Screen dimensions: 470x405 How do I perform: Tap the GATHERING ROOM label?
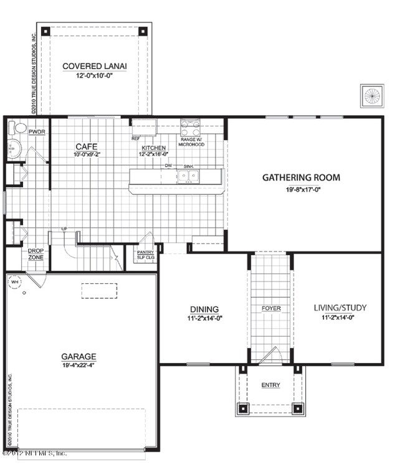pyautogui.click(x=301, y=177)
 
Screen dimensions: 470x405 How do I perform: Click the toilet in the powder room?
pyautogui.click(x=19, y=128)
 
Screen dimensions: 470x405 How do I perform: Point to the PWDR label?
pyautogui.click(x=37, y=132)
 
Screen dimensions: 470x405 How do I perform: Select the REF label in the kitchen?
pyautogui.click(x=135, y=138)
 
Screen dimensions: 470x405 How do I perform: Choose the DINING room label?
pyautogui.click(x=204, y=309)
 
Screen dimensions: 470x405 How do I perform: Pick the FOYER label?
pyautogui.click(x=271, y=308)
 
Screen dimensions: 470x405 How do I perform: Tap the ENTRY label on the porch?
pyautogui.click(x=270, y=385)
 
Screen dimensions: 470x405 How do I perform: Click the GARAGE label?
pyautogui.click(x=79, y=357)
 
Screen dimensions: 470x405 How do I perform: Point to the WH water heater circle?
pyautogui.click(x=14, y=281)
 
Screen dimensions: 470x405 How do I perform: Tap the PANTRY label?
pyautogui.click(x=145, y=252)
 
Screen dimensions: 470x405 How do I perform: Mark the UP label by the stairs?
pyautogui.click(x=64, y=230)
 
